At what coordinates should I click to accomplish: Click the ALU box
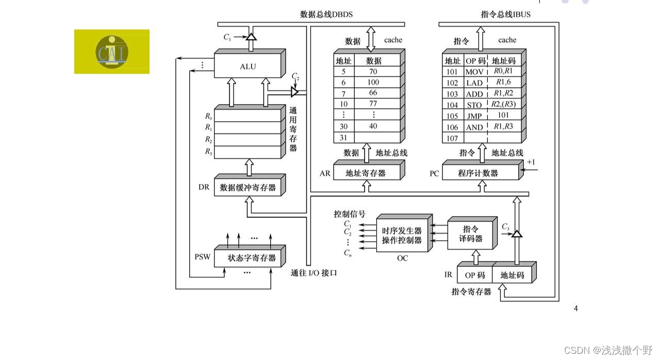pyautogui.click(x=247, y=67)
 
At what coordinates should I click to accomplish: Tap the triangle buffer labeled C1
pyautogui.click(x=251, y=37)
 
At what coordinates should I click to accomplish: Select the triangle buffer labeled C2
pyautogui.click(x=294, y=92)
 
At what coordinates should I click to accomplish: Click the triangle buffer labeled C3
pyautogui.click(x=517, y=234)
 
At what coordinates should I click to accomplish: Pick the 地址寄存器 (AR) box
pyautogui.click(x=366, y=173)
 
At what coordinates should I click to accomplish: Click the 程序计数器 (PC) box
pyautogui.click(x=478, y=173)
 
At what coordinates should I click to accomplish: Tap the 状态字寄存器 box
pyautogui.click(x=252, y=258)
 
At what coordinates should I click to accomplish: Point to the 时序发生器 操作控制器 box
pyautogui.click(x=402, y=236)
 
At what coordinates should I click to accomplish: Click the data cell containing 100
pyautogui.click(x=373, y=83)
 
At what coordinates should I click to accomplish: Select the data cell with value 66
pyautogui.click(x=373, y=93)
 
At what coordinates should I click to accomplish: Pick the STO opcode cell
pyautogui.click(x=474, y=105)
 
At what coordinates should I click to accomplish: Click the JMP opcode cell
pyautogui.click(x=474, y=116)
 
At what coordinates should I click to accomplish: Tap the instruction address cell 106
pyautogui.click(x=452, y=127)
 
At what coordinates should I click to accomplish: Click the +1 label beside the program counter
pyautogui.click(x=531, y=162)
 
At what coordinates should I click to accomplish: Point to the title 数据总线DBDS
pyautogui.click(x=326, y=14)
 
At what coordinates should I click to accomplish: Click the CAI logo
pyautogui.click(x=112, y=51)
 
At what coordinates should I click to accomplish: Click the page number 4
pyautogui.click(x=576, y=308)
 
